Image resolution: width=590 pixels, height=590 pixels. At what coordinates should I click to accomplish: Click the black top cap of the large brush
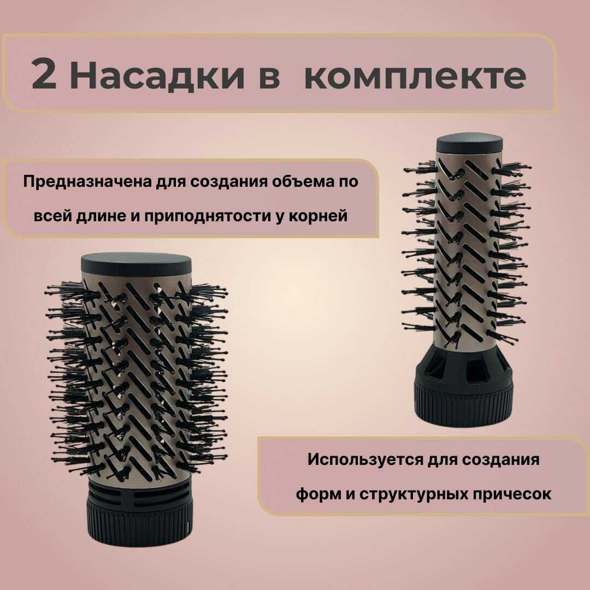pos(136,264)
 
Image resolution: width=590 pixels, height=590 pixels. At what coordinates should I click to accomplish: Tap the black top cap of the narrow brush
pos(469,143)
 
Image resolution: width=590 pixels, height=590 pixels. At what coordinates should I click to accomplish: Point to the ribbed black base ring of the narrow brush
pos(463,402)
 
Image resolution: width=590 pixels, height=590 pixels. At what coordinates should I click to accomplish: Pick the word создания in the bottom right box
pos(501,460)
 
